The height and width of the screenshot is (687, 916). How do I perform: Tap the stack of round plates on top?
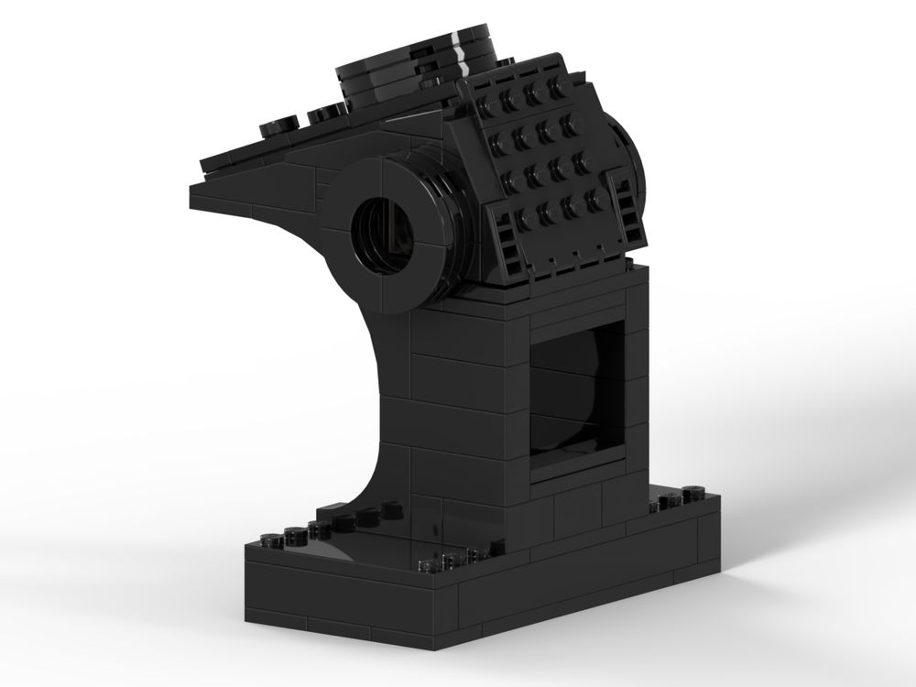(417, 69)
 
